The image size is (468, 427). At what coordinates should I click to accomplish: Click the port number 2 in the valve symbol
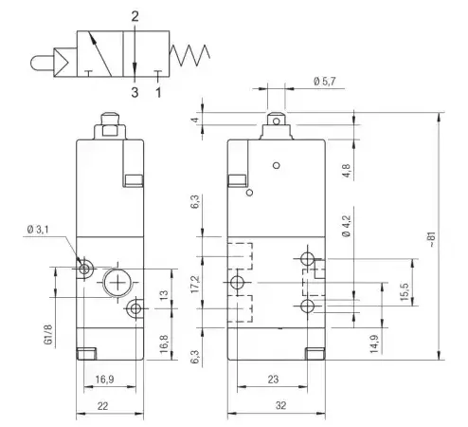pos(135,16)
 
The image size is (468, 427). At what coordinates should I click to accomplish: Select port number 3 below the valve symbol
pos(135,92)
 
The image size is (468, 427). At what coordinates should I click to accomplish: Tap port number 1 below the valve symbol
pos(158,92)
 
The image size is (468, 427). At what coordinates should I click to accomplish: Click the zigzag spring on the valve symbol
pos(189,55)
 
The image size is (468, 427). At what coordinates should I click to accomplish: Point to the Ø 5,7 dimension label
pos(324,82)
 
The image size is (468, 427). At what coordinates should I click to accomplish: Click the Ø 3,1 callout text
pos(38,230)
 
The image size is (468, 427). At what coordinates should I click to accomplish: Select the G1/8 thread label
pos(48,335)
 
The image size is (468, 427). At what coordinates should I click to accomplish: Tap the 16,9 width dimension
pos(104,379)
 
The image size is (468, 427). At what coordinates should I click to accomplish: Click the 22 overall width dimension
pos(103,406)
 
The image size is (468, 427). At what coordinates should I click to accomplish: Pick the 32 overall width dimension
pos(280,405)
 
